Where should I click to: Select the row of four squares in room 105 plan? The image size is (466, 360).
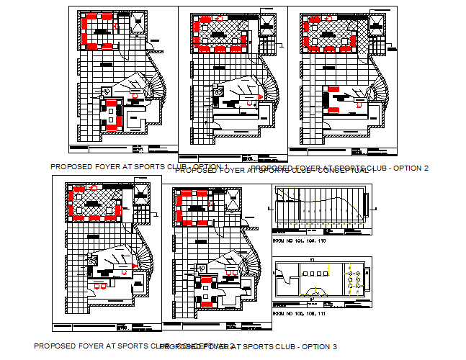click(x=317, y=274)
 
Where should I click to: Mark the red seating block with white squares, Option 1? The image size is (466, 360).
click(x=112, y=116)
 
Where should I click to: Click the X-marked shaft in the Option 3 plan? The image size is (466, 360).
click(x=140, y=192)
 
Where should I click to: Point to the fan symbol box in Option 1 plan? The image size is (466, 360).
click(x=107, y=91)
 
